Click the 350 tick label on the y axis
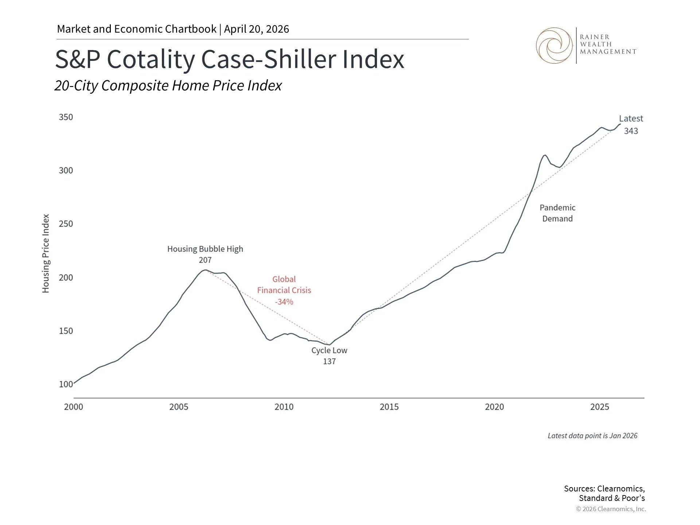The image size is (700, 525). (x=66, y=117)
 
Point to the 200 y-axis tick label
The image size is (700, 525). (x=66, y=277)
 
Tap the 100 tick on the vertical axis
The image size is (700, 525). (x=66, y=384)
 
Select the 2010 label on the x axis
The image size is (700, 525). (x=284, y=407)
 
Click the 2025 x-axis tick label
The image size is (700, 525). (x=600, y=407)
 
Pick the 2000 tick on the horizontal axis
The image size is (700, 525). (x=74, y=407)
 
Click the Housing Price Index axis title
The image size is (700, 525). (x=46, y=253)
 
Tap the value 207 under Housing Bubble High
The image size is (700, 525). (x=205, y=260)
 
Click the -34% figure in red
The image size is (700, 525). (x=284, y=302)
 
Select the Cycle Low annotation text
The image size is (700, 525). (x=329, y=350)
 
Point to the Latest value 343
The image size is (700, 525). (x=631, y=131)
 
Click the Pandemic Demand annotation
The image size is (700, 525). (x=557, y=213)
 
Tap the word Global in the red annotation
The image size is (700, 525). (x=284, y=279)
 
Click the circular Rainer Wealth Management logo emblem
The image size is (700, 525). (x=554, y=46)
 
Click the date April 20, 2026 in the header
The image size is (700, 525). (x=256, y=29)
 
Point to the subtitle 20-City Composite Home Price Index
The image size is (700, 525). (x=168, y=86)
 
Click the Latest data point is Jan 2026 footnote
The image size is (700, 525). (x=592, y=436)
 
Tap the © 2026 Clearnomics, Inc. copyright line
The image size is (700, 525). (x=611, y=509)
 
